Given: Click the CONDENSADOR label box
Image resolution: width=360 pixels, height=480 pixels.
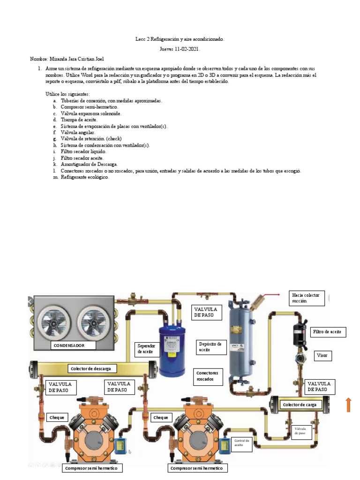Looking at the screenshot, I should tap(74, 345).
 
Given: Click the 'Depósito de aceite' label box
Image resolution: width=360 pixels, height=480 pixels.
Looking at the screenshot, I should tap(211, 347).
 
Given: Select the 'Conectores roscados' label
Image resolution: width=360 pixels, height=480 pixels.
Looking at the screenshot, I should tap(209, 376).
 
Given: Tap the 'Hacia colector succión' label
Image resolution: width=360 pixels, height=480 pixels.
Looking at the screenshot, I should tap(307, 298).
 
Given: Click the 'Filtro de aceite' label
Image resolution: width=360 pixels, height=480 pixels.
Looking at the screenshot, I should tap(329, 332).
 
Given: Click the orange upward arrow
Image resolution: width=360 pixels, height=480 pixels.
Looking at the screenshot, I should tap(349, 405).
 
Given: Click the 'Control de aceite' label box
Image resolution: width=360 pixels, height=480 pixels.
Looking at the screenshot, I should tap(241, 443).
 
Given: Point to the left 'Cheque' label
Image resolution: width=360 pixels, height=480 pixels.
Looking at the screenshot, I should tap(58, 417).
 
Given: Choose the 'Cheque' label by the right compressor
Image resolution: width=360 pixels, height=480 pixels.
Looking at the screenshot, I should tap(161, 417).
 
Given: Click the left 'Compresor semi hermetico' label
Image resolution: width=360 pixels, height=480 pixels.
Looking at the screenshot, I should tap(91, 468).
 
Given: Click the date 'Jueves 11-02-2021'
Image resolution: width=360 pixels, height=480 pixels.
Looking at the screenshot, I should tap(180, 49).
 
